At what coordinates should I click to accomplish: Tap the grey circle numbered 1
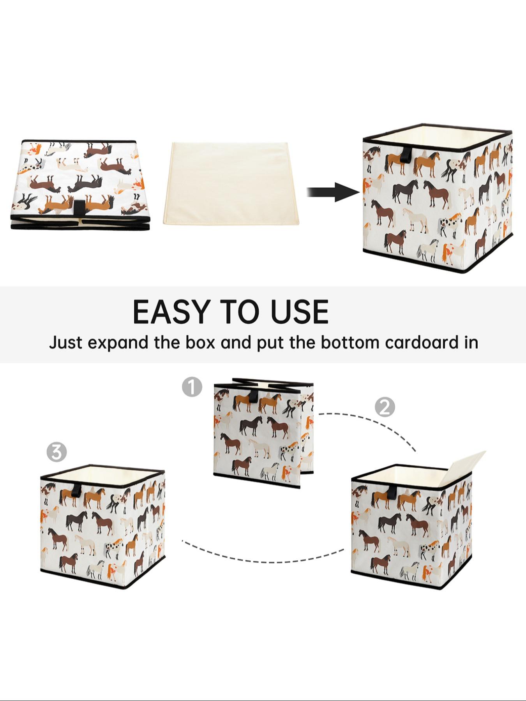pos(192,387)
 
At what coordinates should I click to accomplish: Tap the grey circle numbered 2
pos(385,407)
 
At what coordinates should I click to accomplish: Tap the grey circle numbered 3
pos(56,452)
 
